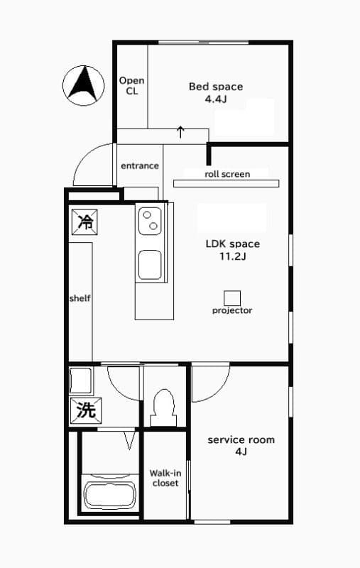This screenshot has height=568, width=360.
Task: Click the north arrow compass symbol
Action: (x=83, y=85)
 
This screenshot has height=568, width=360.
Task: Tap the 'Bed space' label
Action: (x=216, y=87)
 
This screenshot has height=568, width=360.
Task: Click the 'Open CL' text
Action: (x=132, y=86)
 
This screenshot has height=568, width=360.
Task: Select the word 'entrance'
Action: (x=140, y=166)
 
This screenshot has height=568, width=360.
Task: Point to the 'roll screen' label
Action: (x=227, y=174)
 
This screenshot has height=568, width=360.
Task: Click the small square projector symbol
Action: (x=232, y=298)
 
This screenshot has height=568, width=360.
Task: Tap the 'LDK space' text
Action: (x=233, y=244)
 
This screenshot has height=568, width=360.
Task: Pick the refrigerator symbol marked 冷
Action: (x=84, y=222)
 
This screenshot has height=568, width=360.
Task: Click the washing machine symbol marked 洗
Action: (x=86, y=410)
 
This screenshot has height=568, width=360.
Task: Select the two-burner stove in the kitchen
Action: (x=150, y=221)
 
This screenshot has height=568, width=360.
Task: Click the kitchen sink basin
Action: (x=150, y=265)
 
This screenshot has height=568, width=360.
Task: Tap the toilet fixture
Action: (x=164, y=408)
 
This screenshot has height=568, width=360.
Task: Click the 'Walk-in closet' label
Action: (x=165, y=478)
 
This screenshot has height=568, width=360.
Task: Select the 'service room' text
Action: (x=241, y=440)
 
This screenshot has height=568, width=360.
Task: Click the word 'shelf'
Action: (x=80, y=298)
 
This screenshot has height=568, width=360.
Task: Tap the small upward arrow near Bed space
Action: (x=180, y=132)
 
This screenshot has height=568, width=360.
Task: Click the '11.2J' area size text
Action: (x=233, y=256)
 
